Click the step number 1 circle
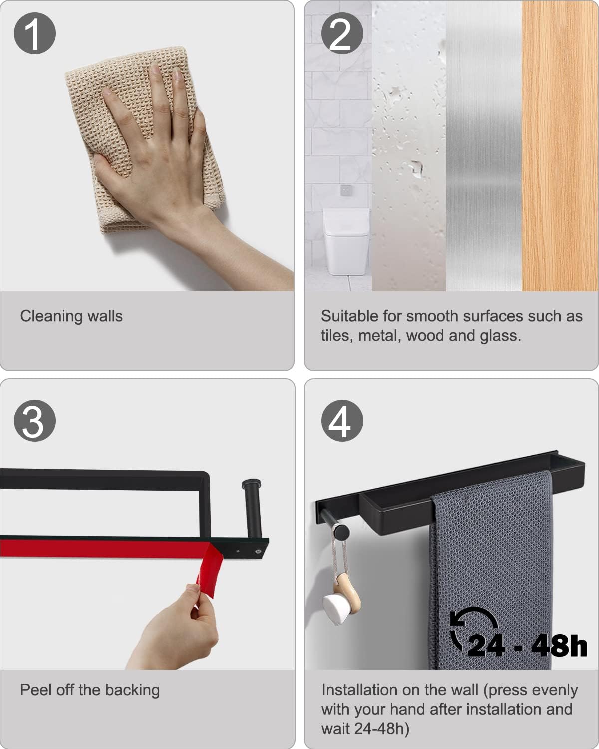35,33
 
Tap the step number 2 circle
342,33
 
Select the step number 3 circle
35,421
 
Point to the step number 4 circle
342,421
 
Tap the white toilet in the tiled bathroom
346,241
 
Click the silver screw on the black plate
258,551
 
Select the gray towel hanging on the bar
491,571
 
